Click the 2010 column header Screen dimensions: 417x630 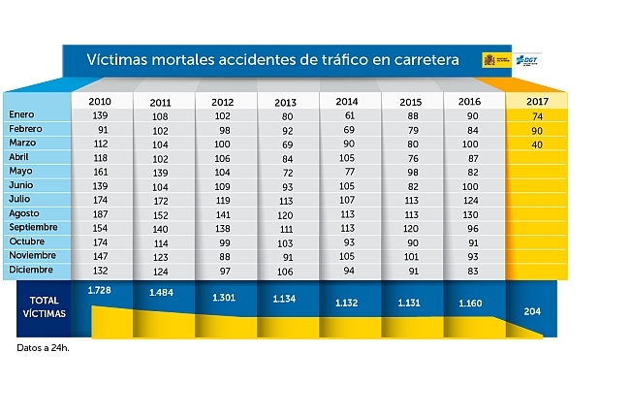coord(99,101)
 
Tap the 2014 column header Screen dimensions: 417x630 coord(347,101)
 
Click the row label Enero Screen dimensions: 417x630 coord(21,115)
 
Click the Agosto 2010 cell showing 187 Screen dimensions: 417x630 coord(99,213)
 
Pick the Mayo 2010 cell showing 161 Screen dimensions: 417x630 coord(99,171)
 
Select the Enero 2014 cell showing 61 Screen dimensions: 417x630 coord(347,115)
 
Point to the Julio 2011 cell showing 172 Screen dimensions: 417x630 coord(161,199)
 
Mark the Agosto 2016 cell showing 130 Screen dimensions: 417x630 coord(471,213)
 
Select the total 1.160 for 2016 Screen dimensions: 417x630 coord(471,302)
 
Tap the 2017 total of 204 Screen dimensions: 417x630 coord(532,310)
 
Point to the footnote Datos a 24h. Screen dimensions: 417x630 coord(44,346)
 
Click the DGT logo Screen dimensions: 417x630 coord(525,60)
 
